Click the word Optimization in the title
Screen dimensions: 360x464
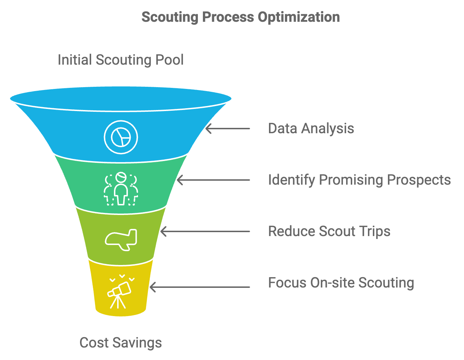299,17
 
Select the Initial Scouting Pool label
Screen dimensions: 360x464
121,60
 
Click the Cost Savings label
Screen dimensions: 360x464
121,342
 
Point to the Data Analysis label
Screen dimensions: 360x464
311,129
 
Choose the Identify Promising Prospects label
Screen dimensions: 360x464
359,180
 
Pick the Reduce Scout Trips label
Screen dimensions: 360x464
329,231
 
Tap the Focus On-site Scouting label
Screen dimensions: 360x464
341,283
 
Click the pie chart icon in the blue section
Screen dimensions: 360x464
121,137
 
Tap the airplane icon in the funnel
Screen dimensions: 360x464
121,239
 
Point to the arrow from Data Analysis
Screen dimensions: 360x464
228,129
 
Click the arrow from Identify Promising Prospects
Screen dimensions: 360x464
214,180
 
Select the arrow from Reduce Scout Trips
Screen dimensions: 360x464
205,231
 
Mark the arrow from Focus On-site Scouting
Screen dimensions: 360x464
200,287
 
